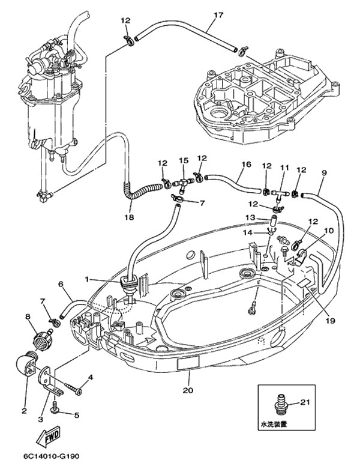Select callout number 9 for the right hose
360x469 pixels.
[x=324, y=174]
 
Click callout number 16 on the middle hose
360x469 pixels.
[x=245, y=163]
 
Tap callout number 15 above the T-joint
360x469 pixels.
[x=184, y=161]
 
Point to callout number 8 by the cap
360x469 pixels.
[x=28, y=316]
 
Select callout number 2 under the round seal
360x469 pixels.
[x=24, y=411]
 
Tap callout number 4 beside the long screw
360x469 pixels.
[x=91, y=378]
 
